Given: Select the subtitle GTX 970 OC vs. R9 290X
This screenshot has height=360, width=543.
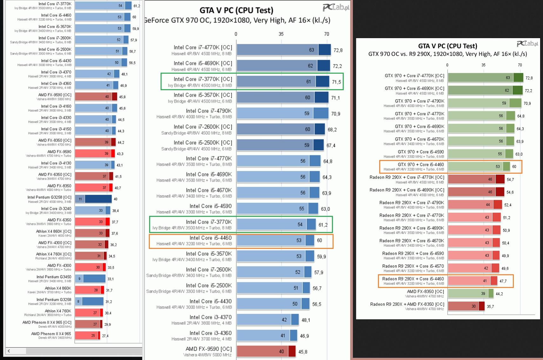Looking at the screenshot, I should click(x=447, y=54).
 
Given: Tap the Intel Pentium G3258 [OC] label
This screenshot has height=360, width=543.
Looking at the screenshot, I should click(x=49, y=197).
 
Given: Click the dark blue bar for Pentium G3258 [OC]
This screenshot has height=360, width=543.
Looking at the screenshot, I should click(x=98, y=199).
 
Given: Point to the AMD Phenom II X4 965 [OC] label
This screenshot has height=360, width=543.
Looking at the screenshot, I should click(x=47, y=323).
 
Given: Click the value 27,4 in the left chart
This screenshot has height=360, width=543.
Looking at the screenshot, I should click(x=105, y=336).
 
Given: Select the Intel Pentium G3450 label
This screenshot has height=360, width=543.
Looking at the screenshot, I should click(x=54, y=277).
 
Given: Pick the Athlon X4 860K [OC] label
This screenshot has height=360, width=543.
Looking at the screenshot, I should click(x=53, y=231).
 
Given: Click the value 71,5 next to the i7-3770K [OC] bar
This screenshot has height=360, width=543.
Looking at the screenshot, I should click(x=336, y=82).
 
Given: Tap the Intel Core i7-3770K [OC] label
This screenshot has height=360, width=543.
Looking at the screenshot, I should click(x=203, y=79).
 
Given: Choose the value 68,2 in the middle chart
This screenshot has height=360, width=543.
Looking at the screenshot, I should click(x=332, y=130).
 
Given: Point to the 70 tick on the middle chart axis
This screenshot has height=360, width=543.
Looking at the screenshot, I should click(x=326, y=34).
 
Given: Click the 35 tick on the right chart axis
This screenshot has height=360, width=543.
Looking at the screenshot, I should click(x=483, y=65).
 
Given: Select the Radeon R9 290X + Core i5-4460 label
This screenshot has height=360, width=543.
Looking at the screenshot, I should click(x=413, y=279).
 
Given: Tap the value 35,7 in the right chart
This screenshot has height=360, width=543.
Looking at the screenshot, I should click(x=490, y=307).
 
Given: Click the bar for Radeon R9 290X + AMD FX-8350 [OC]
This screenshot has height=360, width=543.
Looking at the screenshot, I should click(x=466, y=306).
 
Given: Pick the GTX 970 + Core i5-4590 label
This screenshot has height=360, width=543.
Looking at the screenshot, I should click(x=421, y=152).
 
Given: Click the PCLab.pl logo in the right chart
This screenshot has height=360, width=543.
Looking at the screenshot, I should click(x=527, y=44).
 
